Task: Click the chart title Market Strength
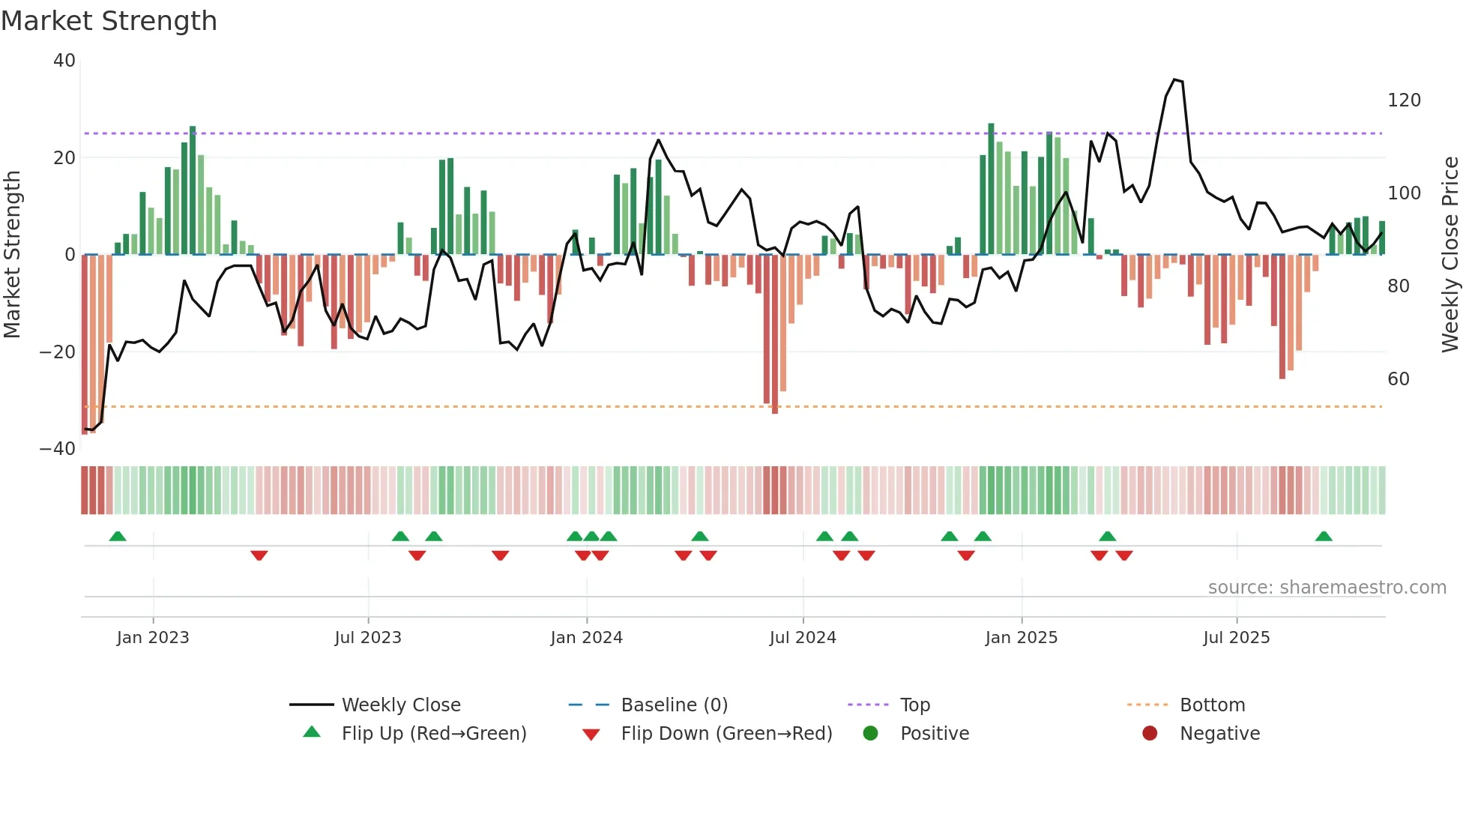(x=109, y=21)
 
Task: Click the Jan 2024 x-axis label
(x=586, y=638)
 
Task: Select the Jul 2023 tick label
(x=368, y=638)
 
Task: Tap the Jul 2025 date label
(x=1236, y=638)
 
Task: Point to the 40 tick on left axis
(x=64, y=61)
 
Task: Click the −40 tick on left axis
(x=58, y=449)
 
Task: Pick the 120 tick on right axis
(x=1404, y=100)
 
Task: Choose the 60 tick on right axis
(x=1399, y=379)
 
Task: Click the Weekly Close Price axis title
(x=1450, y=255)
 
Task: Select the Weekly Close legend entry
(x=401, y=705)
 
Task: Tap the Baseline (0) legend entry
(x=674, y=705)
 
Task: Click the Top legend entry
(x=914, y=705)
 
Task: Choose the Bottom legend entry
(x=1212, y=705)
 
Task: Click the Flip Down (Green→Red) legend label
(x=726, y=734)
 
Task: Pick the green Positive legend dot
(x=870, y=733)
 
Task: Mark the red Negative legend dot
(x=1150, y=733)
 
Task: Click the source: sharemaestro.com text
(x=1327, y=588)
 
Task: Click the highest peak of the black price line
(x=1174, y=79)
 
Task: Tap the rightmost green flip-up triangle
(x=1324, y=536)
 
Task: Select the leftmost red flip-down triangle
(x=259, y=555)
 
